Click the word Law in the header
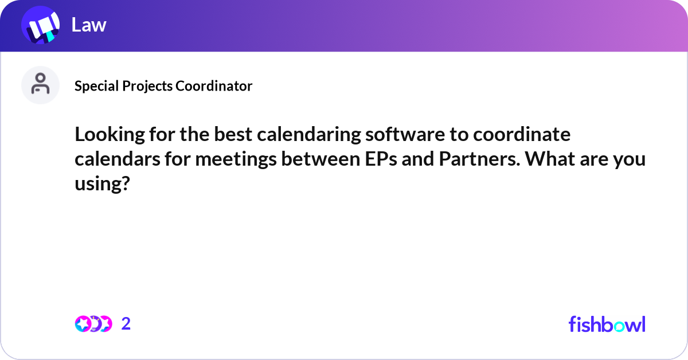tap(89, 25)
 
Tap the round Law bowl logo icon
tap(41, 25)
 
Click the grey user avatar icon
tap(40, 85)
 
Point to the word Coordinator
tap(214, 86)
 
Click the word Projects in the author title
tap(147, 86)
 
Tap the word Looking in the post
tap(110, 135)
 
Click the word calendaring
tap(308, 135)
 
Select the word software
tap(405, 134)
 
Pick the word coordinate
tap(522, 134)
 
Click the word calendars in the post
tap(118, 159)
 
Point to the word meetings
tap(236, 159)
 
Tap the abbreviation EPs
tap(381, 159)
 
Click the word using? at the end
tap(102, 183)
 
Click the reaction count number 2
tap(126, 324)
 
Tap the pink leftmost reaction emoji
tap(83, 324)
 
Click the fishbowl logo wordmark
tap(607, 324)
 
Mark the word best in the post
tap(233, 134)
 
